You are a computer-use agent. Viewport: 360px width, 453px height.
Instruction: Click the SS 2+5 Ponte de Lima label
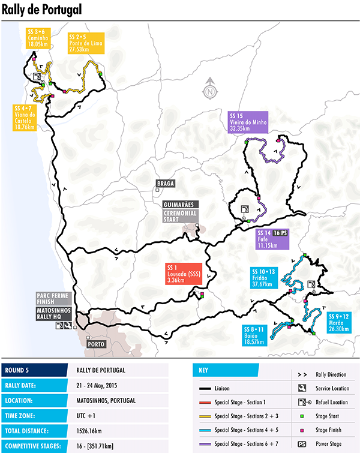(83, 41)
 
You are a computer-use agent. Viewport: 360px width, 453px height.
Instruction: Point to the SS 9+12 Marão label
(340, 320)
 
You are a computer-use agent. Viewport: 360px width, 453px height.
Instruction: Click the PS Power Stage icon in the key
(302, 444)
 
